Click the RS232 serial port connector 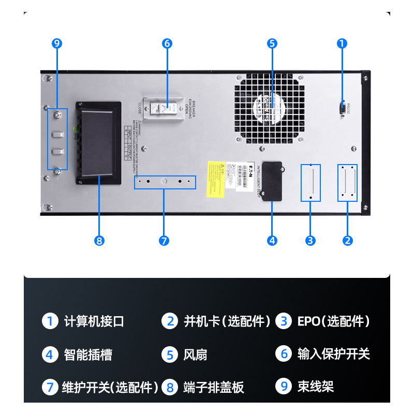click(342, 108)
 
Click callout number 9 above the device click(57, 43)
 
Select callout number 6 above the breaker click(167, 43)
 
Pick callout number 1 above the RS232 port click(342, 43)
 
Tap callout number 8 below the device click(100, 240)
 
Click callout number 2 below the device click(348, 240)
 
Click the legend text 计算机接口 click(94, 321)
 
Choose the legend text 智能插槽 click(88, 354)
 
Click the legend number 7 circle click(50, 387)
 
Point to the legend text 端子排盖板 click(214, 387)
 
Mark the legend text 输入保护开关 click(334, 354)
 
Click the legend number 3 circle click(284, 321)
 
